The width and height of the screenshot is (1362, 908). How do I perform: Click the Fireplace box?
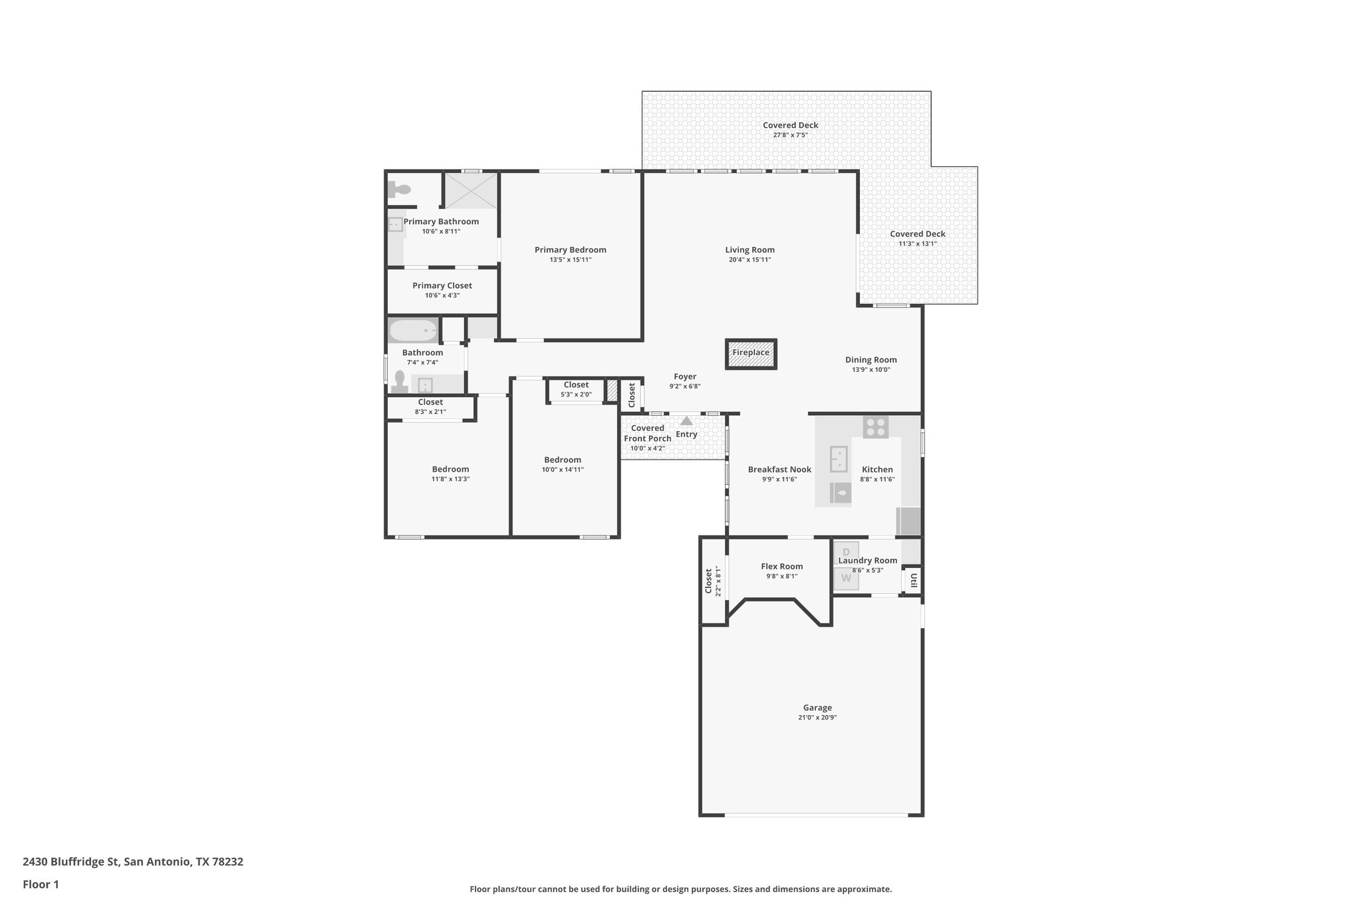pos(751,353)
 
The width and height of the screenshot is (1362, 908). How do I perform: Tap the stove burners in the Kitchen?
pos(875,427)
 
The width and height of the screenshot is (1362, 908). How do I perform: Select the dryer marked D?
pos(846,552)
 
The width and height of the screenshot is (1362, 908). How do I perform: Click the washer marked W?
pos(846,578)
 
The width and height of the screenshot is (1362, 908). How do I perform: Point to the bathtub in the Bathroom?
pos(413,331)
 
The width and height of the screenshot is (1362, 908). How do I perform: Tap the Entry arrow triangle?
pos(686,421)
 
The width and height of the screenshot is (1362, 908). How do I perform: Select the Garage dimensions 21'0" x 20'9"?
pos(817,718)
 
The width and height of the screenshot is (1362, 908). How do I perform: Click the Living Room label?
pos(749,250)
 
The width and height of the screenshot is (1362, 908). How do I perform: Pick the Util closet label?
pos(914,580)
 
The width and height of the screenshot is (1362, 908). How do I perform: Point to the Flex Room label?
pos(781,567)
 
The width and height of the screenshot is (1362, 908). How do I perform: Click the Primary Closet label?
pos(442,286)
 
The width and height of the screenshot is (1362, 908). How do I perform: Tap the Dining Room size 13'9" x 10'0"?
pos(871,370)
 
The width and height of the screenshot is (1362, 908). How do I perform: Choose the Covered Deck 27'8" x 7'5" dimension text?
pos(790,135)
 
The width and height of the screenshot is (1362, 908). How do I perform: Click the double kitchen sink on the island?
pos(839,458)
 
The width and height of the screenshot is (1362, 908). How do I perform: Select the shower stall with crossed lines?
pos(471,191)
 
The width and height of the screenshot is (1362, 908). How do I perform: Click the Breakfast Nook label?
pos(779,470)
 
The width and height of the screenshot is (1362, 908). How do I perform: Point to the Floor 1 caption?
pos(41,885)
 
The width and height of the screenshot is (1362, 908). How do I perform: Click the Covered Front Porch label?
pos(647,433)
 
